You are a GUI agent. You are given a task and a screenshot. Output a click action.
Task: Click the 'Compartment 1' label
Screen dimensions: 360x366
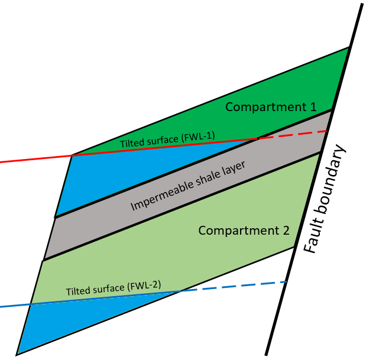tap(271, 107)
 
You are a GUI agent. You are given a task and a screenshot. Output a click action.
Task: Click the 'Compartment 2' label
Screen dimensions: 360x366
tap(244, 230)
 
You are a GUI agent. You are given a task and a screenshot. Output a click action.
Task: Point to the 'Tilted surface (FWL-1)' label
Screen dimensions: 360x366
tap(167, 140)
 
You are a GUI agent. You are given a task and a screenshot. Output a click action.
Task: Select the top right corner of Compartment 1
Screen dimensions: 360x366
tap(350, 48)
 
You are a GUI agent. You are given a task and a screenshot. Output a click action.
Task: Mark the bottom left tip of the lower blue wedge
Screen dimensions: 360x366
tap(17, 354)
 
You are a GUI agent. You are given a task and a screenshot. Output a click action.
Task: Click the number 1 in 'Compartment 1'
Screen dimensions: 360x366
tap(312, 107)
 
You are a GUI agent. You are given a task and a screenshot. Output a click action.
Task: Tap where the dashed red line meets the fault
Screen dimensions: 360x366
tap(327, 131)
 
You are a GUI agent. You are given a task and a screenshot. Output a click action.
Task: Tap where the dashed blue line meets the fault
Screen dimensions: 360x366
tap(287, 282)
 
